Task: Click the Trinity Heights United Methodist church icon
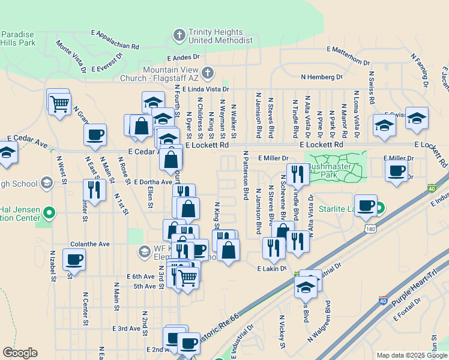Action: (x=179, y=35)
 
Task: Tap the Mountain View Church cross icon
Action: (x=208, y=74)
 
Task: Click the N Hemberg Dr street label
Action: (x=321, y=77)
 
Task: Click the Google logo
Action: (x=20, y=353)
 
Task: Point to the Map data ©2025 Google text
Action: (x=412, y=355)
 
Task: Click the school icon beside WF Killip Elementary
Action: (x=144, y=251)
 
